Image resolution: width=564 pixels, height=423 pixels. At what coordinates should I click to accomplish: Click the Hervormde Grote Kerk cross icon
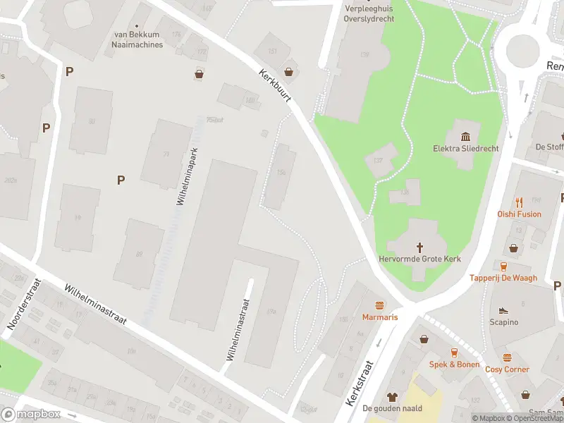click(x=420, y=247)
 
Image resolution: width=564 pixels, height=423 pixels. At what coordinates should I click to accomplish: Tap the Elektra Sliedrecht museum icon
click(x=465, y=136)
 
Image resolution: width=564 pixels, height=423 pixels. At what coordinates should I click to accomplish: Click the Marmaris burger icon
click(x=380, y=305)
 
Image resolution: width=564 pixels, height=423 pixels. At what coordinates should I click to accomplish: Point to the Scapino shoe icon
click(x=503, y=310)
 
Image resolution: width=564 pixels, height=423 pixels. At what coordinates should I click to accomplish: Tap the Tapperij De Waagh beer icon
click(x=503, y=266)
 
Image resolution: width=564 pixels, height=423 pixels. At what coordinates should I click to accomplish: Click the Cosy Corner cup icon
click(x=507, y=358)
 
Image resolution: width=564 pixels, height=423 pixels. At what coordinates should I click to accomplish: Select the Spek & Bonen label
click(x=454, y=364)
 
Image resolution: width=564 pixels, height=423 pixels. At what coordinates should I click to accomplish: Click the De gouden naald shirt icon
click(x=392, y=397)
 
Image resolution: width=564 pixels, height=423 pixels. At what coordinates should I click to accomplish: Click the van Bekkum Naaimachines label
click(x=137, y=39)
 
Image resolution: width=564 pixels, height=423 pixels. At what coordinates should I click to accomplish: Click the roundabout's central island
click(x=522, y=49)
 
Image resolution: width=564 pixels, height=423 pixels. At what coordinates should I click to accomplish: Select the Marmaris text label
click(x=380, y=317)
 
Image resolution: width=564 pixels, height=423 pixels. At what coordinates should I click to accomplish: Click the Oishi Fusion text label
click(x=518, y=214)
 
